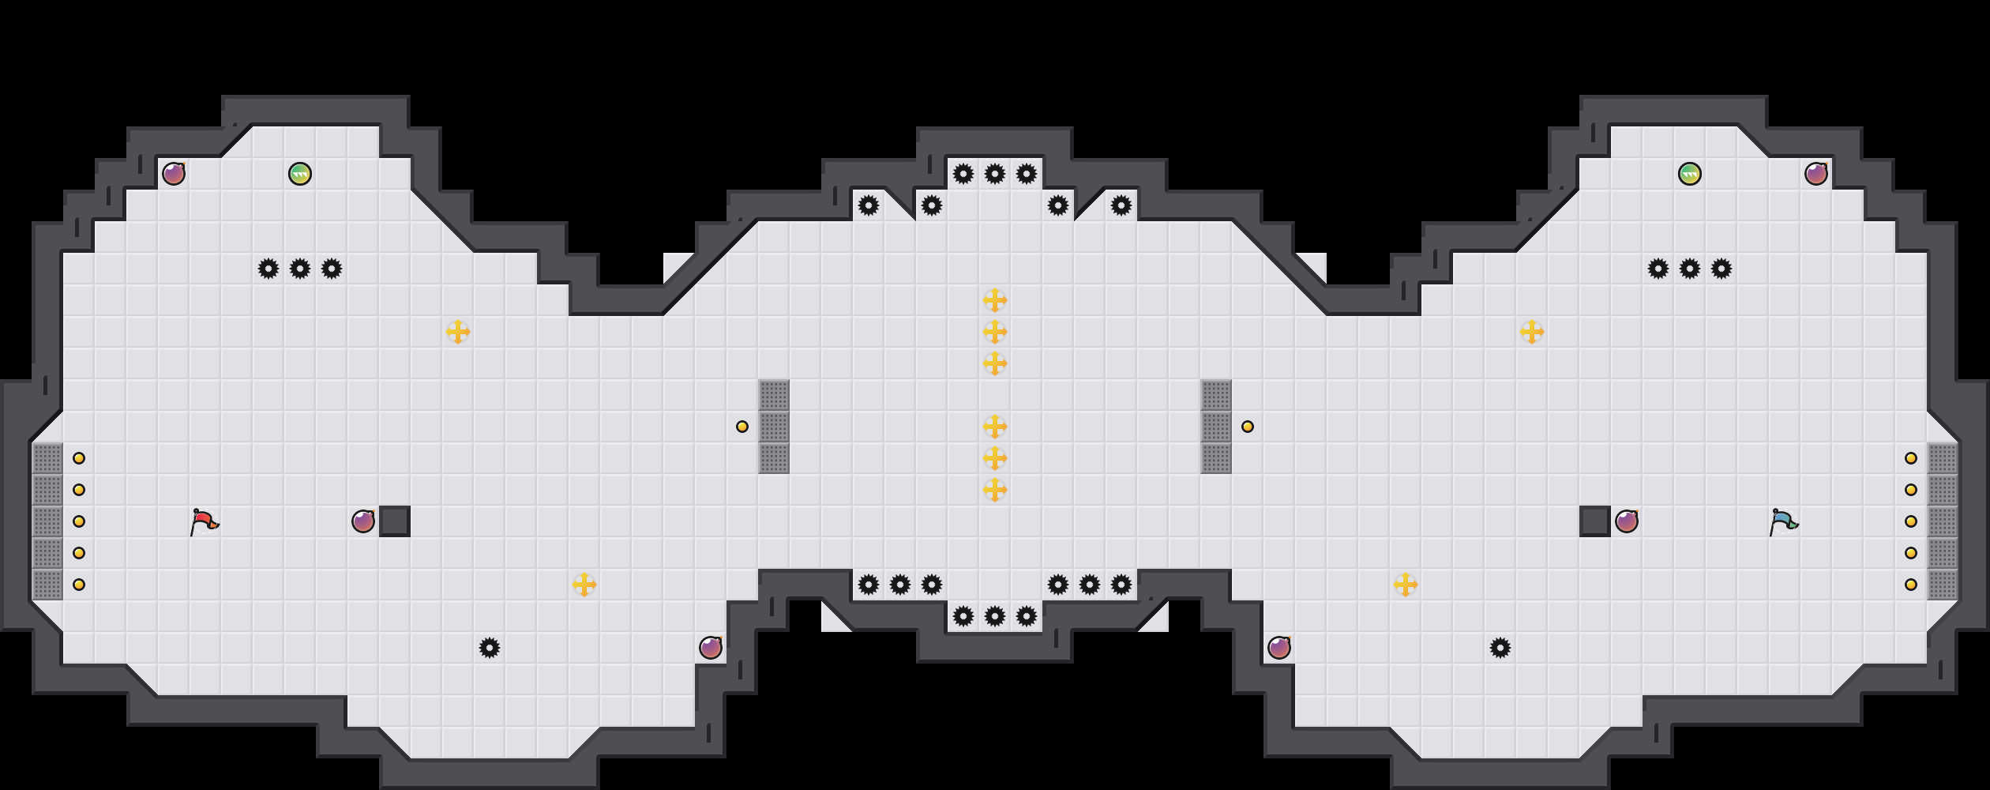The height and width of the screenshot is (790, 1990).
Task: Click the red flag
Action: point(204,521)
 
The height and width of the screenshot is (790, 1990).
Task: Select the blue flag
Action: point(1783,521)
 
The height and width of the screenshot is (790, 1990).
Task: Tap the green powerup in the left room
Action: point(300,174)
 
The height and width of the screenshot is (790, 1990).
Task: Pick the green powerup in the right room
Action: point(1690,174)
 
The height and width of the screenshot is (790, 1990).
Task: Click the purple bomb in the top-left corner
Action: point(174,174)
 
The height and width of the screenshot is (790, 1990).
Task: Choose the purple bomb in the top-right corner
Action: point(1816,174)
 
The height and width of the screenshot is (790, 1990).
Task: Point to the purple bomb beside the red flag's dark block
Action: point(363,521)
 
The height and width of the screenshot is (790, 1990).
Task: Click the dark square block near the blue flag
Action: point(1595,521)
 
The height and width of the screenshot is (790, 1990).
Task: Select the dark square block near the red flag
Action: point(395,521)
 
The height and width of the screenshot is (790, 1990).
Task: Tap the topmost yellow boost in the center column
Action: point(995,300)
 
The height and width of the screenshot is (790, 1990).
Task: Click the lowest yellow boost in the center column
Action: point(995,490)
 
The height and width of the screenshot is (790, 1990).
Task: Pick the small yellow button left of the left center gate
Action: point(742,427)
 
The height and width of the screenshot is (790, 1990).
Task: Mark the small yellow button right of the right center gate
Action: point(1248,427)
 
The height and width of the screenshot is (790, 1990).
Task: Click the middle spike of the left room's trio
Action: point(300,269)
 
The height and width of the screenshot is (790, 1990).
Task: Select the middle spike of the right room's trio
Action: point(1690,269)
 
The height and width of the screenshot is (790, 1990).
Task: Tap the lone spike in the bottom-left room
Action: point(490,648)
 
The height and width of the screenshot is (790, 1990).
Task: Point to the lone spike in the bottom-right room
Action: point(1500,648)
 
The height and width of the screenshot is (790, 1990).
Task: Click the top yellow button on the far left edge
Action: point(79,458)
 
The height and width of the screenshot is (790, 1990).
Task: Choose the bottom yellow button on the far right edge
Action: point(1911,585)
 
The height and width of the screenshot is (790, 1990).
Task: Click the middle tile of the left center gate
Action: point(774,427)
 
